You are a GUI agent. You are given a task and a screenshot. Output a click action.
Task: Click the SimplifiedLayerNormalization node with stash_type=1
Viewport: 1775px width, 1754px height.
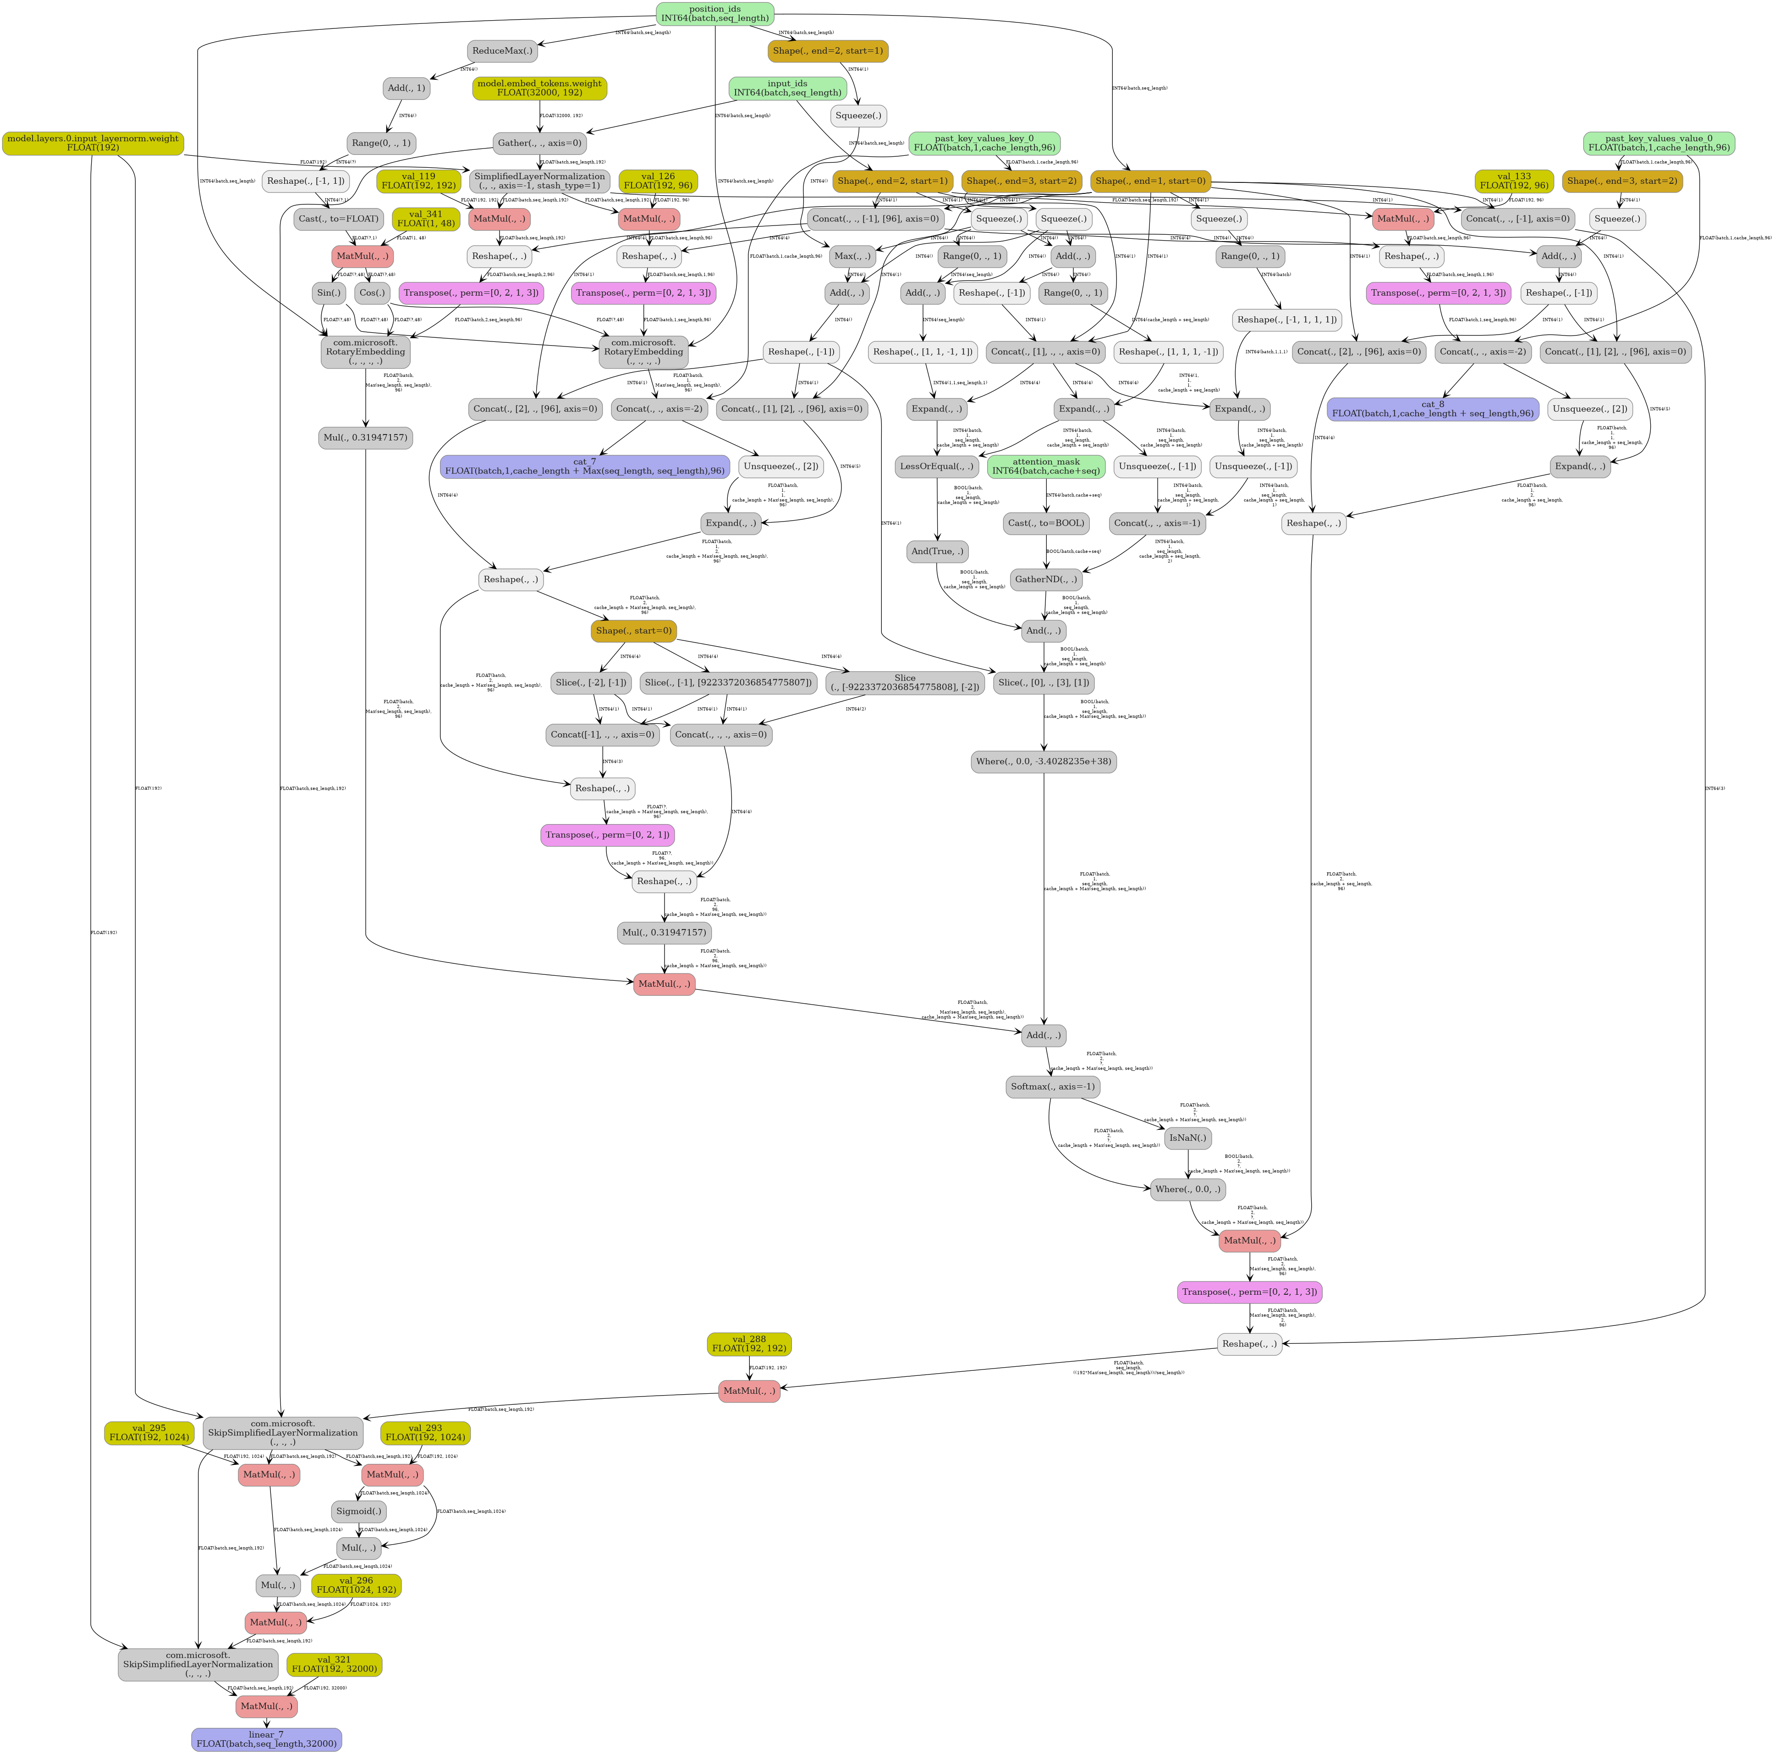(x=539, y=181)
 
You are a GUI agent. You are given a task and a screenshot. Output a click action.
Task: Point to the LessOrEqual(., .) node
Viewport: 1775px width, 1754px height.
(x=936, y=466)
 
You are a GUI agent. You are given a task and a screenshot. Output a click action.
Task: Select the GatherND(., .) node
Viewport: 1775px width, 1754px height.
(x=1045, y=580)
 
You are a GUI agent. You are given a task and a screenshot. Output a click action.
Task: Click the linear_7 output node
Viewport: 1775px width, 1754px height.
(x=266, y=1739)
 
